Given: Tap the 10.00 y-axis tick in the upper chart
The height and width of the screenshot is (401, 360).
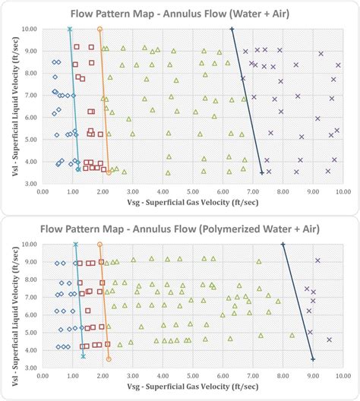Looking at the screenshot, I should (30, 29).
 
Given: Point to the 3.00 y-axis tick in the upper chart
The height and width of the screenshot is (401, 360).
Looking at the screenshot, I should (30, 184).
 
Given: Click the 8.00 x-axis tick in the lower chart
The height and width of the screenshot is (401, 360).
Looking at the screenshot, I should (283, 377).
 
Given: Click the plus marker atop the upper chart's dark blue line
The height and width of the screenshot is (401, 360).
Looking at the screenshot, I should (232, 30).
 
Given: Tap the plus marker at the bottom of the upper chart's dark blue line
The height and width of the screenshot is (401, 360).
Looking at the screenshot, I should (262, 173).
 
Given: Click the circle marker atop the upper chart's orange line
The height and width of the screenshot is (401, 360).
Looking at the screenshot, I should (100, 30).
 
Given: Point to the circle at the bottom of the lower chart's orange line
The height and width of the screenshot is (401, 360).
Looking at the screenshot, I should (109, 358).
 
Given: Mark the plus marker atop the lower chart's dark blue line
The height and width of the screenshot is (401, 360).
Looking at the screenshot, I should (283, 245).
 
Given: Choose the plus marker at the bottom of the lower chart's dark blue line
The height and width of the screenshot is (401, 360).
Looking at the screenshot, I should (313, 358).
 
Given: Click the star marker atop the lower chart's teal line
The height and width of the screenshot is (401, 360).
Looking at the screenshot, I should (75, 245).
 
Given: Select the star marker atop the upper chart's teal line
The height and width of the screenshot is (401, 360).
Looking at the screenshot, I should (70, 30).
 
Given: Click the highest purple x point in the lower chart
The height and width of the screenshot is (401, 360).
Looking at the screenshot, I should (317, 260).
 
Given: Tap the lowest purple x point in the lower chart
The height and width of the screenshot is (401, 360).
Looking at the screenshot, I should (329, 340).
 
